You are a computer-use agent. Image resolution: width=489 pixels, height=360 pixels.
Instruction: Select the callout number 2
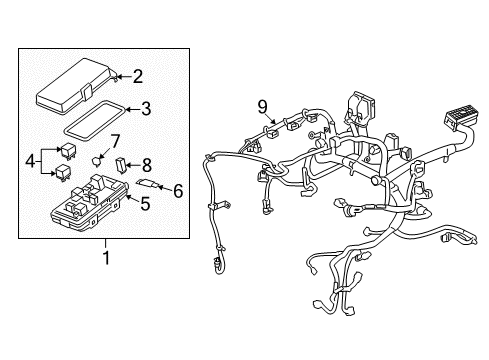(138, 74)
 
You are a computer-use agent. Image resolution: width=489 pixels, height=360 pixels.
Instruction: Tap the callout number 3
(145, 109)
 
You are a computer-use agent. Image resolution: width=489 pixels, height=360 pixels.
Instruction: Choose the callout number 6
(178, 188)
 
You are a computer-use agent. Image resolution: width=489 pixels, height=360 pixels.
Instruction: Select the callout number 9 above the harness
(262, 107)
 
